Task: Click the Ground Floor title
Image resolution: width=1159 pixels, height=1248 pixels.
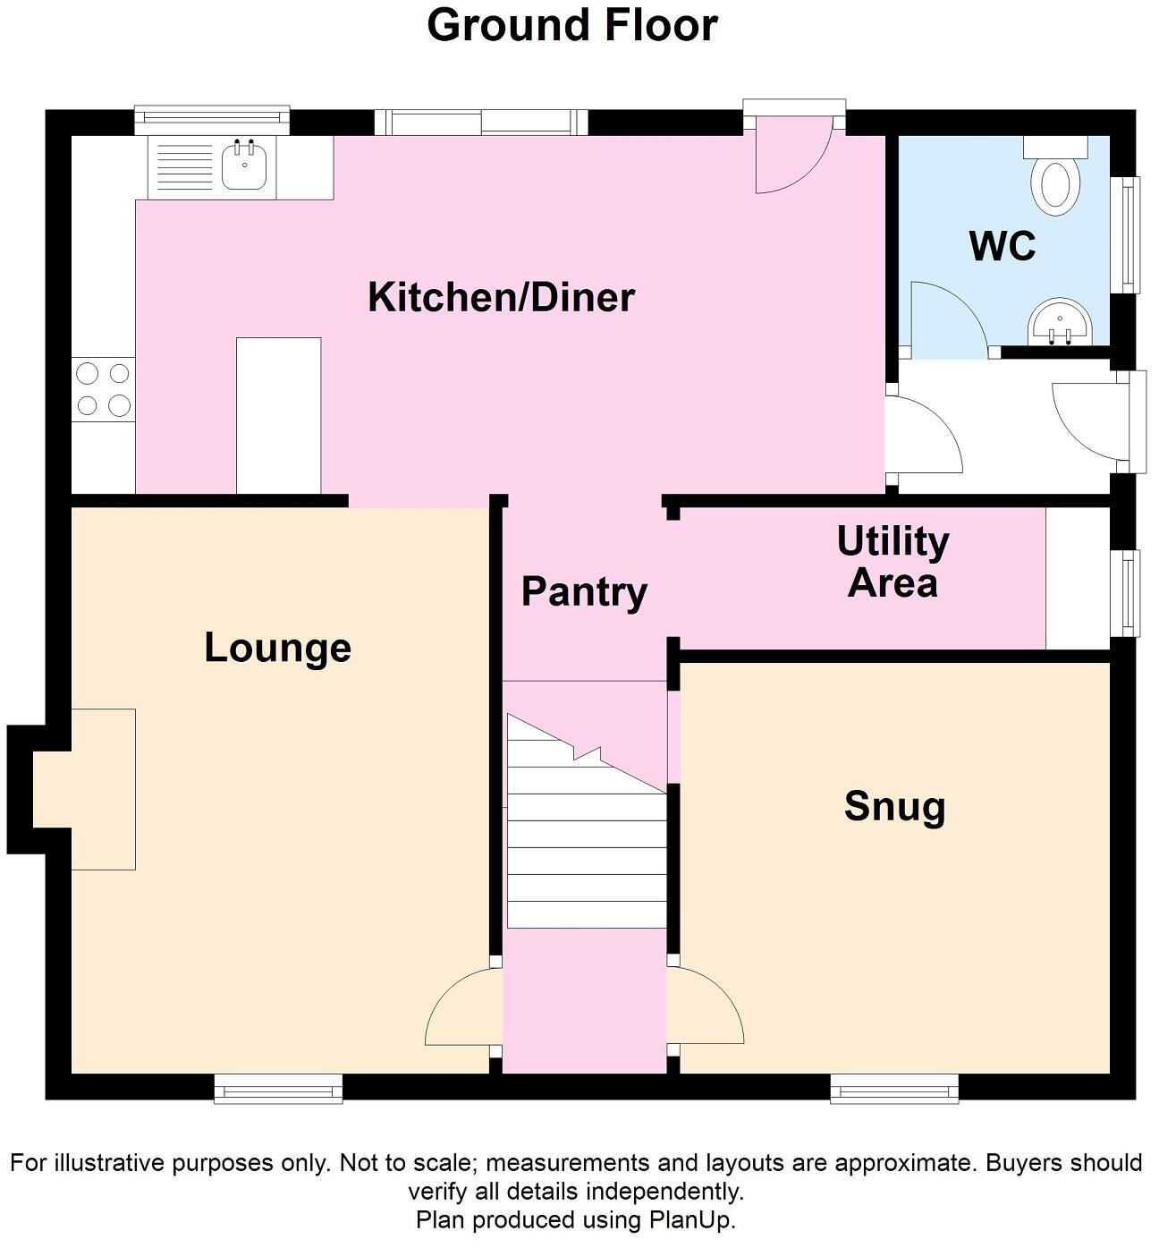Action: (572, 25)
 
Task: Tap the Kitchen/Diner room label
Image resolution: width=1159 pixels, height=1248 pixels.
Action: (501, 297)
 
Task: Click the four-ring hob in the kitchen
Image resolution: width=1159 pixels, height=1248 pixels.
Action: (104, 388)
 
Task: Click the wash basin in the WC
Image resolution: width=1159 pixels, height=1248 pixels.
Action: (1059, 322)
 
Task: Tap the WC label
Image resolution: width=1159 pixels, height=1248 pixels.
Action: (1002, 245)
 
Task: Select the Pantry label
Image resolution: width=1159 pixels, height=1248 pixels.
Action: (584, 592)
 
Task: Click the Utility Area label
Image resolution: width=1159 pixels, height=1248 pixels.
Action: (893, 562)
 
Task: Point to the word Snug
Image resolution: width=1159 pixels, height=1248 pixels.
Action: (894, 806)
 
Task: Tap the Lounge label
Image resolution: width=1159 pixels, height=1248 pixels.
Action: (277, 648)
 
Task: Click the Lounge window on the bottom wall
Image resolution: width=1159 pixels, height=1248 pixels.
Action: (278, 1089)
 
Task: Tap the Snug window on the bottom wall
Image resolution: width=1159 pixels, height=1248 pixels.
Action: (894, 1089)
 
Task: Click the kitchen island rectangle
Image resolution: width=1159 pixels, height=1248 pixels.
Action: (278, 415)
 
